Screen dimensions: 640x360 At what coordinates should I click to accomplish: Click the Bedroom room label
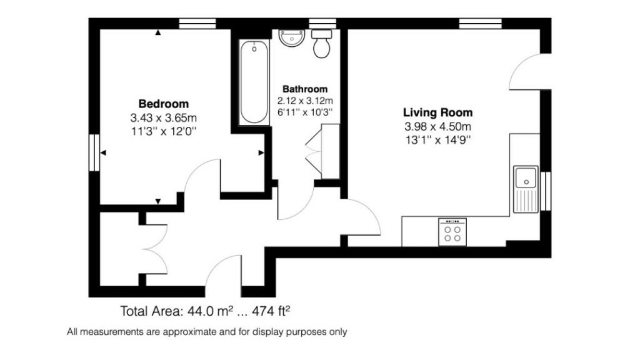pyautogui.click(x=163, y=104)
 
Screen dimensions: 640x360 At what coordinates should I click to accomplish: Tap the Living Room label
pyautogui.click(x=438, y=112)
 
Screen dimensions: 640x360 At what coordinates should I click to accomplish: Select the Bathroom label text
pyautogui.click(x=305, y=89)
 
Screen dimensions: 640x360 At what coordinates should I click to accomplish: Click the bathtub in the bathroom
pyautogui.click(x=254, y=82)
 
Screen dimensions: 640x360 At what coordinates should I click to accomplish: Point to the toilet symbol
pyautogui.click(x=322, y=43)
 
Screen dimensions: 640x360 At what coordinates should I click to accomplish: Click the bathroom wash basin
pyautogui.click(x=292, y=38)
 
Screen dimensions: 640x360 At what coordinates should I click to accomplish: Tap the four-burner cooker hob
pyautogui.click(x=452, y=232)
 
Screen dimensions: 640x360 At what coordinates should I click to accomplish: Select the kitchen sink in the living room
pyautogui.click(x=526, y=189)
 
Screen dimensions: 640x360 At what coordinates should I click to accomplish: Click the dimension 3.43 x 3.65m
pyautogui.click(x=163, y=118)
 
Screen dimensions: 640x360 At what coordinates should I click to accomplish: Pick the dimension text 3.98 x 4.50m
pyautogui.click(x=438, y=126)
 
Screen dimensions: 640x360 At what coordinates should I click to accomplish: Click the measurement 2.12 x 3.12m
pyautogui.click(x=305, y=101)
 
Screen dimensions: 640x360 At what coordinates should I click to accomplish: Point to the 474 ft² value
pyautogui.click(x=271, y=311)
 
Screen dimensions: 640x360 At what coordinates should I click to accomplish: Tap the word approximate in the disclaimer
pyautogui.click(x=190, y=332)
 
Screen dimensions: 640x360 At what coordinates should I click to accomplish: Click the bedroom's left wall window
pyautogui.click(x=94, y=152)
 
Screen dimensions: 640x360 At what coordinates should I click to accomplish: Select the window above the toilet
pyautogui.click(x=322, y=23)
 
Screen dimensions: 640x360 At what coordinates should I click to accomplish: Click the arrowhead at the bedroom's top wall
pyautogui.click(x=157, y=32)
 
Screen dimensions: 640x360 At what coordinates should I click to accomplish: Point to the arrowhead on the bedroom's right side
pyautogui.click(x=261, y=152)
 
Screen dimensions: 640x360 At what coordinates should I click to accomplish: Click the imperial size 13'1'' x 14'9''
pyautogui.click(x=438, y=140)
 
